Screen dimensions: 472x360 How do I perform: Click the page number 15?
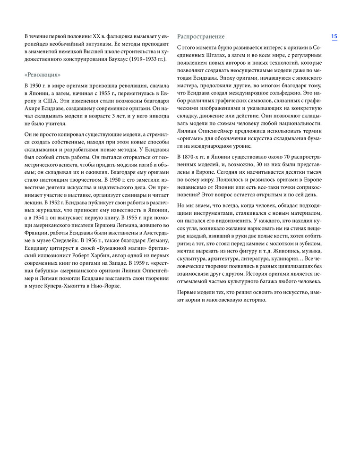334,37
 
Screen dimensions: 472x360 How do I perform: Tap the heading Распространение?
201,37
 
